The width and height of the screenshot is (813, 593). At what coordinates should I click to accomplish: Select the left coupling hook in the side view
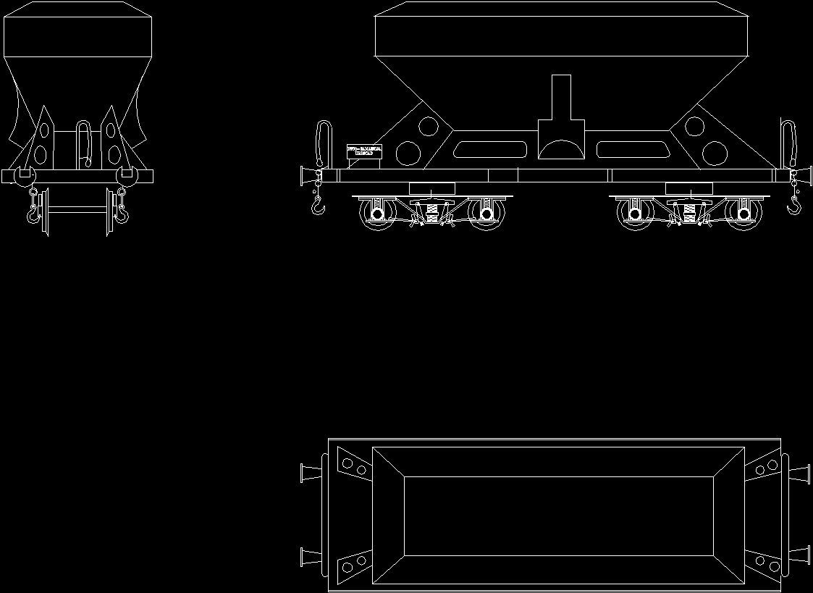pyautogui.click(x=317, y=209)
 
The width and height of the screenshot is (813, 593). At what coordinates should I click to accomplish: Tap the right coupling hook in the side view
pyautogui.click(x=794, y=207)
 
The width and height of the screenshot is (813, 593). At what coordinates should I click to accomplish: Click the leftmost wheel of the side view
pyautogui.click(x=376, y=215)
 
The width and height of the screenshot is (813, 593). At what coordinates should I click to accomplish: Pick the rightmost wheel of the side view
pyautogui.click(x=744, y=215)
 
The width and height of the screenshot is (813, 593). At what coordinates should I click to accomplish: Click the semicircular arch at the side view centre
pyautogui.click(x=561, y=149)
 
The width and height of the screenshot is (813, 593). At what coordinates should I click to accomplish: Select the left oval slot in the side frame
pyautogui.click(x=492, y=150)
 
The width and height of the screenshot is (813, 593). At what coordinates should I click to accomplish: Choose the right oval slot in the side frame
pyautogui.click(x=631, y=150)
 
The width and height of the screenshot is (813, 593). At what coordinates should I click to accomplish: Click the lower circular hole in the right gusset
pyautogui.click(x=715, y=153)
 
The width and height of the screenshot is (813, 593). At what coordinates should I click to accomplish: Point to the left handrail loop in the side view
pyautogui.click(x=323, y=142)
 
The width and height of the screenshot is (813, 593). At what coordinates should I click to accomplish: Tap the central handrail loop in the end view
pyautogui.click(x=83, y=142)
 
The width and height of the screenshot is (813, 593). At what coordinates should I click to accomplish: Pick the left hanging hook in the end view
pyautogui.click(x=33, y=211)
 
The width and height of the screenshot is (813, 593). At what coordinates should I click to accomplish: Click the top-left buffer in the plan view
pyautogui.click(x=309, y=473)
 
